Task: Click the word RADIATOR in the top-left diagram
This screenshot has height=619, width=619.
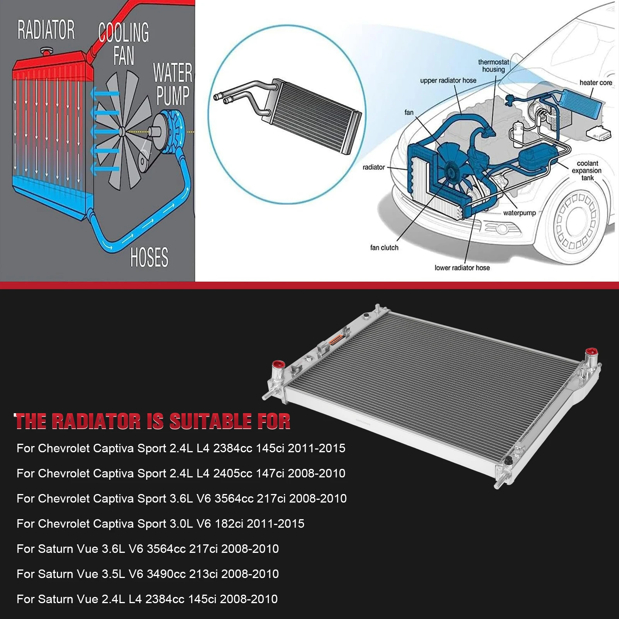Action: [x=46, y=31]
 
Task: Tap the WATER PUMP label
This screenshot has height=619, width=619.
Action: [x=173, y=84]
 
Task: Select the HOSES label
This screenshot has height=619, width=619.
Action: [x=149, y=257]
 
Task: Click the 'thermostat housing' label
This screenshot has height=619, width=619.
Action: [x=493, y=66]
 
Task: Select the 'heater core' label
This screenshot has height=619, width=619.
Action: [x=595, y=82]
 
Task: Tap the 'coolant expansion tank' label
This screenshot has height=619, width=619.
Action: [x=587, y=171]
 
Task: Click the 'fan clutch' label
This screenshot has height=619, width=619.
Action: [x=384, y=248]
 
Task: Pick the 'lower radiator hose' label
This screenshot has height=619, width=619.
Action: [x=462, y=268]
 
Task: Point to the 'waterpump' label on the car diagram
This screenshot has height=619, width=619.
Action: [x=519, y=213]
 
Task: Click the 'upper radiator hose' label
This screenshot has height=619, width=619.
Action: [x=448, y=80]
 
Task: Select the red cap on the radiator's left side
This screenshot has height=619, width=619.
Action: [x=278, y=365]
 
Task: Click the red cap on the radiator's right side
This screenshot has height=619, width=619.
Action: [x=591, y=352]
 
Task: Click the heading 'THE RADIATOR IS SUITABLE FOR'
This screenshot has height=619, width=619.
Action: [x=152, y=421]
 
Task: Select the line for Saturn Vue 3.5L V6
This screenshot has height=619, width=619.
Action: [x=147, y=574]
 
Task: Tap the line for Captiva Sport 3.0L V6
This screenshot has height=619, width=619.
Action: [x=160, y=523]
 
